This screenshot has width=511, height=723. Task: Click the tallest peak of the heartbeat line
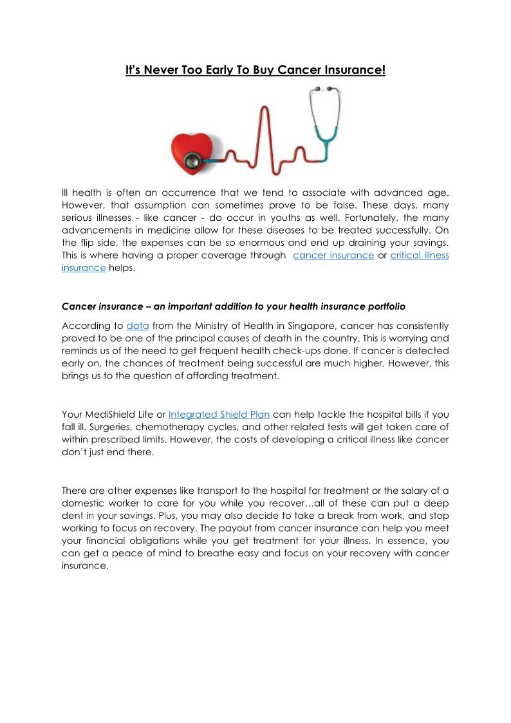point(263,111)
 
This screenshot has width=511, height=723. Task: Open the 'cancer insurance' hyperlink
point(333,255)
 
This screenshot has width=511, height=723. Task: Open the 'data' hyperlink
point(138,326)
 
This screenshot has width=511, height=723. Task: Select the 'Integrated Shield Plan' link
point(219,414)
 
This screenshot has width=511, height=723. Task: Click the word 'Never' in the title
point(160,70)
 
